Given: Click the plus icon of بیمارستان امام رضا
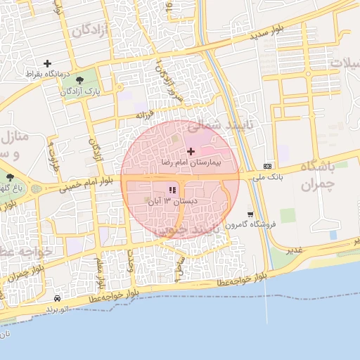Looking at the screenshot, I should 191,151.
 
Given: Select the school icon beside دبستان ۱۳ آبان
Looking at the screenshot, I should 172,190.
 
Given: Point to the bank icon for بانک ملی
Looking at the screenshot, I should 267,166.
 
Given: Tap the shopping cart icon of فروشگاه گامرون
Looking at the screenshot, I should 250,214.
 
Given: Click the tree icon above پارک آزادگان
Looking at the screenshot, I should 78,80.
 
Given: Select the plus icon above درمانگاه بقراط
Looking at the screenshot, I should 48,63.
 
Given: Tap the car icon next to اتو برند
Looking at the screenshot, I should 56,298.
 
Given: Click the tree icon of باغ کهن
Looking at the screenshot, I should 10,177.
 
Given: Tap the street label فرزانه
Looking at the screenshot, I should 143,113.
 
